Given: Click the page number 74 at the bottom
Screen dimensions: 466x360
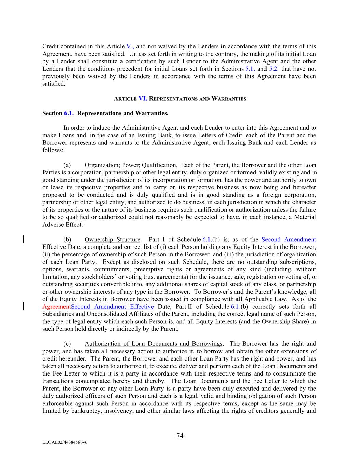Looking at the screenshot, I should pos(180,436).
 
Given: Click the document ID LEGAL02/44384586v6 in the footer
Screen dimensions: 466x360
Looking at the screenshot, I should pos(65,442).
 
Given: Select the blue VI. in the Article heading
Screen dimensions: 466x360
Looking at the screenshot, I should pos(143,99).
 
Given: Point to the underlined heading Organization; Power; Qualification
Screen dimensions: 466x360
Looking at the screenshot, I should pos(130,165).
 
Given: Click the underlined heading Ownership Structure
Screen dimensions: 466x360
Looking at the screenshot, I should pos(112,240).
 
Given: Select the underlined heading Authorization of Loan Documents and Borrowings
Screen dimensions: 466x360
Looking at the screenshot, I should pos(154,344).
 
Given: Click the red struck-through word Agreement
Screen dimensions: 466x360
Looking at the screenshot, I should pos(57,307).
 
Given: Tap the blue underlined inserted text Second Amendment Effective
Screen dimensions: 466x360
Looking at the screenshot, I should pos(113,307).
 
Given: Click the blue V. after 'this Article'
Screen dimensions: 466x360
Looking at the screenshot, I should pos(130,46).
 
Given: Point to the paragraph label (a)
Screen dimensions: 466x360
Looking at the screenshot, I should pos(67,165).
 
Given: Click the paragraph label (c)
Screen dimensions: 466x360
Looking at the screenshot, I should pos(67,344).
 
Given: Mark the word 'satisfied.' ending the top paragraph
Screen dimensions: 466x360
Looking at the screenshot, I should pos(54,84).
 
